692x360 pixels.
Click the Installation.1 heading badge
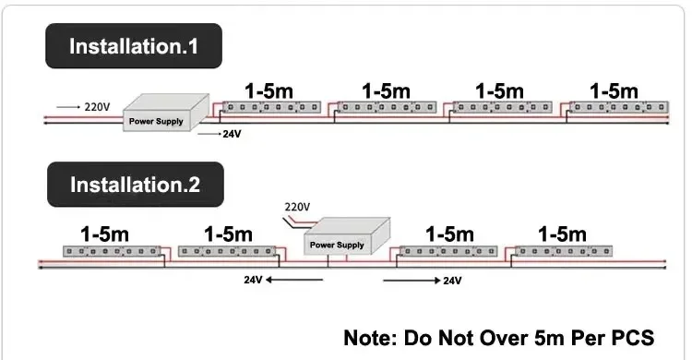pyautogui.click(x=134, y=46)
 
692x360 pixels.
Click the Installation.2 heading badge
pyautogui.click(x=136, y=185)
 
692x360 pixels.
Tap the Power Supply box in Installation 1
pyautogui.click(x=166, y=113)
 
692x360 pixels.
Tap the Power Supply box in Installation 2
pyautogui.click(x=347, y=236)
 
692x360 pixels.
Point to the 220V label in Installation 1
pyautogui.click(x=97, y=107)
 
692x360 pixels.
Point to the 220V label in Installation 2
pyautogui.click(x=297, y=207)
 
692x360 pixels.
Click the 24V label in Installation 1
pyautogui.click(x=232, y=134)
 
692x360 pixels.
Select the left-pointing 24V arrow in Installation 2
pyautogui.click(x=294, y=280)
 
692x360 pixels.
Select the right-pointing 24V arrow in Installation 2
pyautogui.click(x=412, y=281)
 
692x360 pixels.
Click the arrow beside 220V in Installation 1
pyautogui.click(x=68, y=107)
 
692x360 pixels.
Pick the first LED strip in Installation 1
pyautogui.click(x=271, y=107)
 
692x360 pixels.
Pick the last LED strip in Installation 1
pyautogui.click(x=619, y=107)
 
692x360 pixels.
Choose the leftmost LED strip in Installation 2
pyautogui.click(x=112, y=251)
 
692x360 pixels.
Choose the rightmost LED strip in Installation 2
pyautogui.click(x=564, y=251)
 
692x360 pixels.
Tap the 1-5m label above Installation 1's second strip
pyautogui.click(x=387, y=91)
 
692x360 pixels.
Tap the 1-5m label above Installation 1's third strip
pyautogui.click(x=499, y=91)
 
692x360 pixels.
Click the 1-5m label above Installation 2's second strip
pyautogui.click(x=229, y=234)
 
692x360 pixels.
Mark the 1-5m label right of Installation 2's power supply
pyautogui.click(x=449, y=234)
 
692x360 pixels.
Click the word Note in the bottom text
pyautogui.click(x=370, y=338)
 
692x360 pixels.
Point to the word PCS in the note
pyautogui.click(x=632, y=338)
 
